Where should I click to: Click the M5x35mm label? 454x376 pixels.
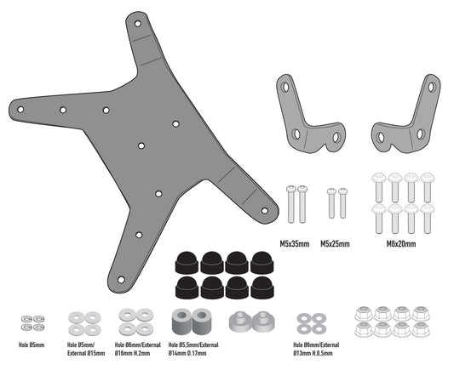(x=295, y=243)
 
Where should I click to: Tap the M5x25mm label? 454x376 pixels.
(x=336, y=243)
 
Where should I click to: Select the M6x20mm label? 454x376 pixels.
(x=400, y=243)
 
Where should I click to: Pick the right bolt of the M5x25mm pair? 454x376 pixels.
(x=343, y=204)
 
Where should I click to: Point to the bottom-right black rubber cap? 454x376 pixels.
(x=261, y=288)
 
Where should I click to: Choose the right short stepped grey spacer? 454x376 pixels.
(x=263, y=323)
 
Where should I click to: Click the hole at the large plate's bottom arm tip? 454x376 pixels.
(x=121, y=279)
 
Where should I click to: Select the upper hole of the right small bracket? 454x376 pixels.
(x=431, y=87)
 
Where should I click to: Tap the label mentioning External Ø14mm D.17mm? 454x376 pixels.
(x=199, y=351)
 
